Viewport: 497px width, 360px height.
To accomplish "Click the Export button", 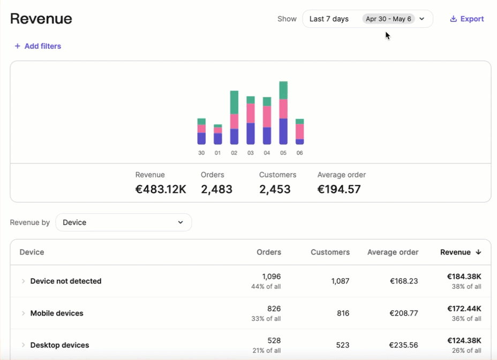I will pos(467,19).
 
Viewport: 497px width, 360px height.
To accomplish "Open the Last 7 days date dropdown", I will pos(367,19).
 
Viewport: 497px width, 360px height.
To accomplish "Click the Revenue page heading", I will pos(41,19).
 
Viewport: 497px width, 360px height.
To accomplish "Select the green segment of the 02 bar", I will pos(234,102).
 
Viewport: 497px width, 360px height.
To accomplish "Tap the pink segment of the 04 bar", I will pos(267,117).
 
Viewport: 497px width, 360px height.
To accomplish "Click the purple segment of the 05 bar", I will pos(283,131).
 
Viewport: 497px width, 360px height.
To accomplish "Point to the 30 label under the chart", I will pos(201,153).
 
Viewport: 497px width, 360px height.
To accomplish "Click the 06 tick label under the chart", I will pos(299,153).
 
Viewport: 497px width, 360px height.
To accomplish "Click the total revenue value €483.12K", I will pos(161,189).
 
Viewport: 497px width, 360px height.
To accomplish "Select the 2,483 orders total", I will pos(216,189).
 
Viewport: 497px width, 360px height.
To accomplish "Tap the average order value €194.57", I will pos(339,189).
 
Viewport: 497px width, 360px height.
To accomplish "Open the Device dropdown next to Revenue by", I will pos(123,222).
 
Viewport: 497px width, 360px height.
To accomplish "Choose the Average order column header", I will pos(393,252).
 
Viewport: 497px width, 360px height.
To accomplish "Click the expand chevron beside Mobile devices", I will pos(23,313).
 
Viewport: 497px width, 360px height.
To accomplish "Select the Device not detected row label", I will pos(66,281).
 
